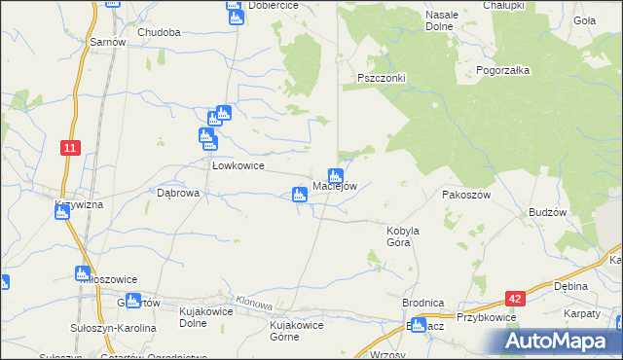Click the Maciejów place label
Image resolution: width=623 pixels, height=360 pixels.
click(x=336, y=187)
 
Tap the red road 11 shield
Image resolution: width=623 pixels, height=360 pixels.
click(x=69, y=147)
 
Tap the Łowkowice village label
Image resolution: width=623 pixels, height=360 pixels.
click(x=239, y=165)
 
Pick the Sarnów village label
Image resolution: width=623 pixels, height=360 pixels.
click(x=107, y=43)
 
